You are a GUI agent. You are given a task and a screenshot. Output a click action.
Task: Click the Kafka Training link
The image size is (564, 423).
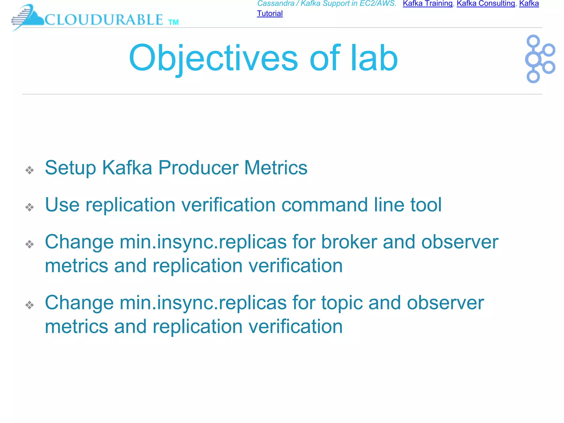coord(427,4)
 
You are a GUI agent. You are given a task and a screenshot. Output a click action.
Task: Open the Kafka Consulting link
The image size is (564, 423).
coord(486,4)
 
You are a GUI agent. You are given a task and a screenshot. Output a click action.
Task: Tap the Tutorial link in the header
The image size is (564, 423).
coord(270,13)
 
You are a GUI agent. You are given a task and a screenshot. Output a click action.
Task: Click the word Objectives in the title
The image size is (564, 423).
coord(213,59)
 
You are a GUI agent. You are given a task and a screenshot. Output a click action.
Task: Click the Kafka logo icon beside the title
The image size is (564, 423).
coord(539,59)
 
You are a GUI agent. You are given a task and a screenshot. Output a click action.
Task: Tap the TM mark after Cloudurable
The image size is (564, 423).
coord(173,22)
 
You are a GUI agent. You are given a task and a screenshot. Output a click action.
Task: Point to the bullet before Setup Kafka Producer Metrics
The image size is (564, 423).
coord(29,170)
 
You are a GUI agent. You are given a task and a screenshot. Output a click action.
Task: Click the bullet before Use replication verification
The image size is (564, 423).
coord(29,207)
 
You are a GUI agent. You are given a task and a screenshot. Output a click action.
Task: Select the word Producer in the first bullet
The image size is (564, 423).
coord(198,168)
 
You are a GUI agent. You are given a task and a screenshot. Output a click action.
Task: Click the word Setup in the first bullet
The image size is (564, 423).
coord(70,168)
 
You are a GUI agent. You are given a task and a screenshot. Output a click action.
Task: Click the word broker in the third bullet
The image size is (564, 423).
coord(349,242)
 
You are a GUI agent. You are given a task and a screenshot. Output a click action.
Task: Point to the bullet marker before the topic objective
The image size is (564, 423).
coord(29,305)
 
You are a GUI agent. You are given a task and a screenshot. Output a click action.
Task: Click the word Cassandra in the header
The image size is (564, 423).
coord(276,4)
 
